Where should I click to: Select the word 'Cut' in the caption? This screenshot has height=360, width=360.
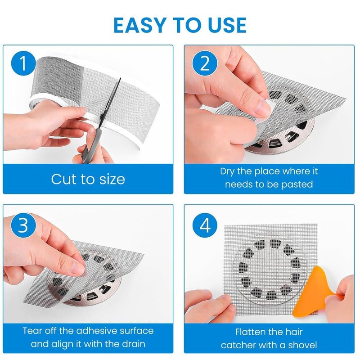(65, 179)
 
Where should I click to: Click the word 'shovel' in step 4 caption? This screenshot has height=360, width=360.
(301, 345)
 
